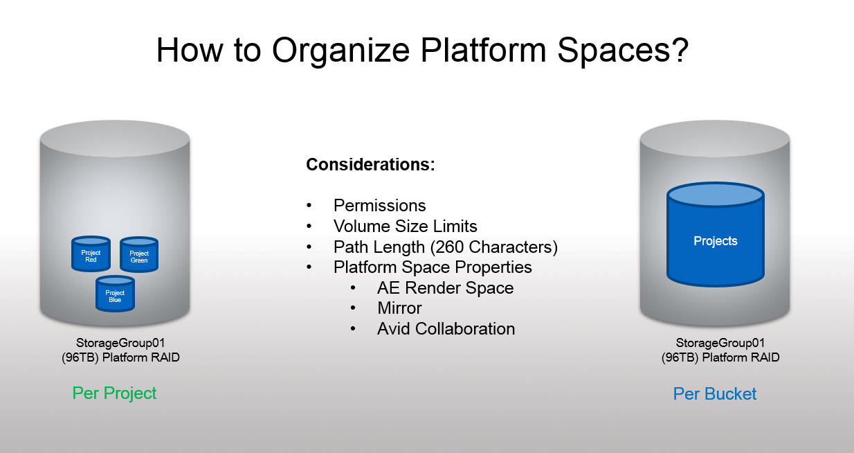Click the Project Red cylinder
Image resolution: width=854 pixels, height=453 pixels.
(91, 254)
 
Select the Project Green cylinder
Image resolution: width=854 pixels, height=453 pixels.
(139, 254)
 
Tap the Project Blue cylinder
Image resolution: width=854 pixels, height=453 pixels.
(115, 294)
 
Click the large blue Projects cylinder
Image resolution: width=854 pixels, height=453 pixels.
(716, 234)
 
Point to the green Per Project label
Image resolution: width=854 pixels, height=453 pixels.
(114, 393)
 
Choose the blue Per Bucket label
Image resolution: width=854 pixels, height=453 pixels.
(715, 394)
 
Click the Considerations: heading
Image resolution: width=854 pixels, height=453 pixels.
(370, 164)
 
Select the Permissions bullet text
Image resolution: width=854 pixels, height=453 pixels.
(380, 206)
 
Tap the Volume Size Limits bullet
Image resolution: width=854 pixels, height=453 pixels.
(406, 226)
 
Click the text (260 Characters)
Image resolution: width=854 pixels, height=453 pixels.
(494, 247)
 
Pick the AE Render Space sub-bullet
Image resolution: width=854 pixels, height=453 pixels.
(445, 288)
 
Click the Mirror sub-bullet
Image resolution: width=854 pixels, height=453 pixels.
(399, 308)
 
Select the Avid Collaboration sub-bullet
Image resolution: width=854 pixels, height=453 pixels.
(446, 329)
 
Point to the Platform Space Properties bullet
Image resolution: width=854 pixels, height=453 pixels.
(433, 267)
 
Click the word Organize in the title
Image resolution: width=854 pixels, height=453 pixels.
(340, 51)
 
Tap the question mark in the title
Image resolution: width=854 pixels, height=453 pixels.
(680, 50)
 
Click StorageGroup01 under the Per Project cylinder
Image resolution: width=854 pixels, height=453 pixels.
(120, 343)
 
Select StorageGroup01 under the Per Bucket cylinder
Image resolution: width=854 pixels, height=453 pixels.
(720, 343)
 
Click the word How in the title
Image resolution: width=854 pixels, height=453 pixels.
(190, 50)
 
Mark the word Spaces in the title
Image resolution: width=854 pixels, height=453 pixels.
(613, 51)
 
